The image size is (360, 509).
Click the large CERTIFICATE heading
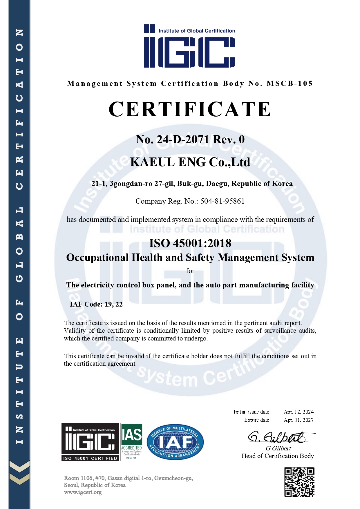coord(190,109)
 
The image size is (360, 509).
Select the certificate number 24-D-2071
coord(182,140)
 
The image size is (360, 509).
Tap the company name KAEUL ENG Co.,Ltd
coord(190,162)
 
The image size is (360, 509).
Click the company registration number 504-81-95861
coord(222,201)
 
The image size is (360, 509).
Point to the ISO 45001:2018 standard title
coord(190,243)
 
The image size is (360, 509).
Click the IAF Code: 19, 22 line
coord(96,304)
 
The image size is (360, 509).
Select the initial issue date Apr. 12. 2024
coord(299,412)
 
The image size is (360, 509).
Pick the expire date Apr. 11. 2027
coord(299,420)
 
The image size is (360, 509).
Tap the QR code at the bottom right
coord(299,482)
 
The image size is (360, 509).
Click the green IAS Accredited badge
coord(132,442)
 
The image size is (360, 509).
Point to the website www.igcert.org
coord(83,492)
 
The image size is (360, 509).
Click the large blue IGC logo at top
coord(189,46)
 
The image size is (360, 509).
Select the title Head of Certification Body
coord(278,456)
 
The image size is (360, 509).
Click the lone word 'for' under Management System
coord(190,271)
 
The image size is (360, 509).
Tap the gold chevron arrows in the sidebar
coord(19,472)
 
